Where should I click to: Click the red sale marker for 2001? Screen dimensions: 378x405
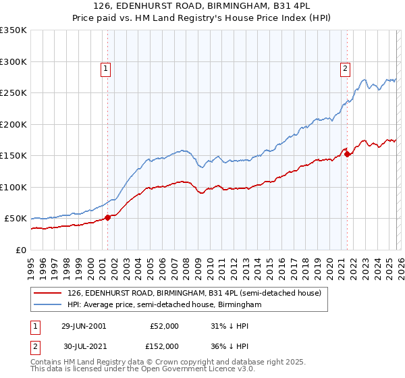click(x=108, y=217)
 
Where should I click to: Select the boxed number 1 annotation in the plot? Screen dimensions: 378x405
click(x=107, y=67)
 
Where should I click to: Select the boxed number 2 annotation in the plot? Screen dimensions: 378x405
click(x=345, y=67)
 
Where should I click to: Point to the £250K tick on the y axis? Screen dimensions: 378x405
click(x=13, y=93)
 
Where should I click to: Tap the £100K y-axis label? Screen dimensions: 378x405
click(x=13, y=187)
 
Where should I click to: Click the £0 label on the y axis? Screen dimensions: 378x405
click(x=20, y=250)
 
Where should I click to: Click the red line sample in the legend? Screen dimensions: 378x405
click(x=48, y=292)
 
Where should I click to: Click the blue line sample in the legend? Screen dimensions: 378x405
click(x=48, y=305)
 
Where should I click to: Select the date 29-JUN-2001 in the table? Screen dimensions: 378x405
click(x=84, y=326)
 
